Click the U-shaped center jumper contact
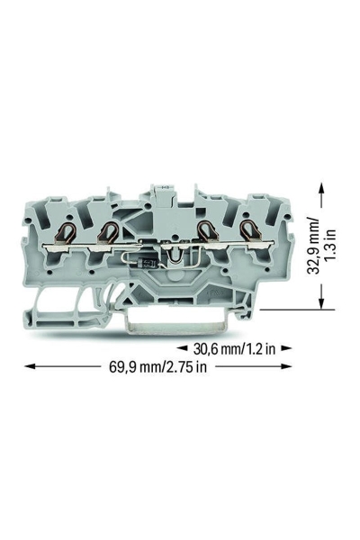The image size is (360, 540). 175,255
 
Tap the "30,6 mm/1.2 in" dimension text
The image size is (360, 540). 234,349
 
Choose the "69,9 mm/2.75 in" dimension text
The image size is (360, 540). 158,366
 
